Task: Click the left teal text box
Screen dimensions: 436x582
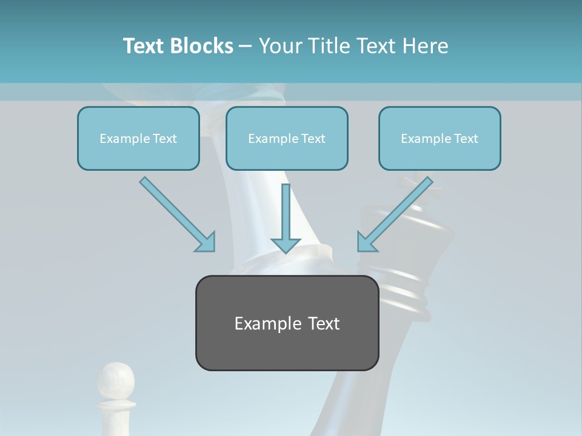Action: point(138,138)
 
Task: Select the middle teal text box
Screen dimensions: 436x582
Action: point(287,138)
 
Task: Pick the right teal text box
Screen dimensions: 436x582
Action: point(440,138)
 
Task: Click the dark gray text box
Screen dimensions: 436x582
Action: point(287,323)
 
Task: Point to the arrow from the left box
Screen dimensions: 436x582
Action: point(176,213)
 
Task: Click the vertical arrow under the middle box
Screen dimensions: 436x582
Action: point(286,215)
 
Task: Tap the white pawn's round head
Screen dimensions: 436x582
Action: point(115,378)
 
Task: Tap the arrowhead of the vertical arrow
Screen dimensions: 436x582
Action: point(286,245)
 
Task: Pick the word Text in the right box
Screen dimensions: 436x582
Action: point(465,139)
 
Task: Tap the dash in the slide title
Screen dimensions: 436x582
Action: point(246,47)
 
